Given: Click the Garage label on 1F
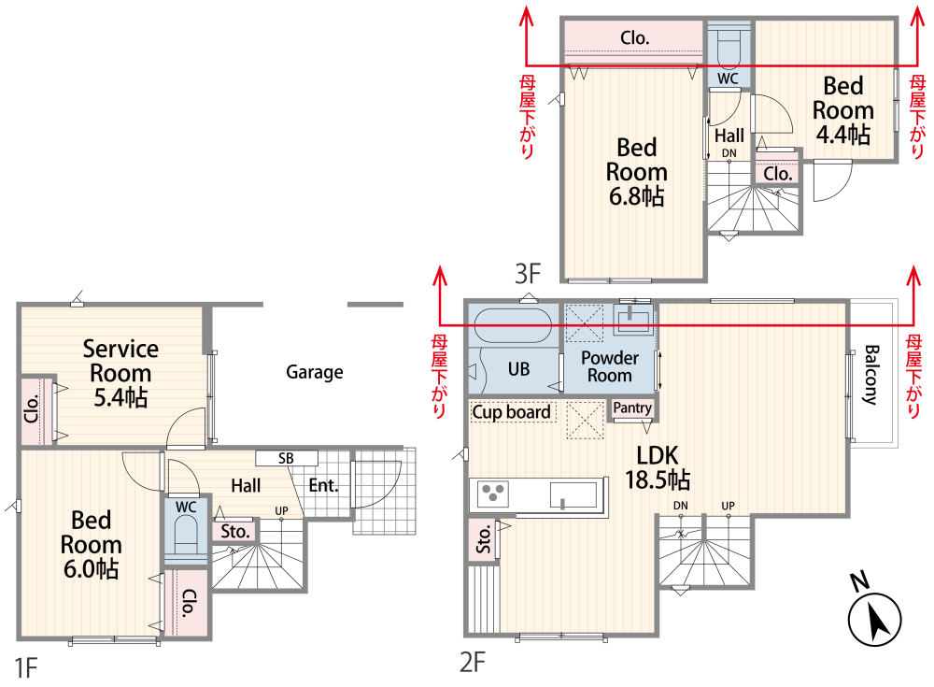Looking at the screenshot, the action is (x=315, y=372).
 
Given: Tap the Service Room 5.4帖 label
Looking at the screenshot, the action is (x=120, y=373).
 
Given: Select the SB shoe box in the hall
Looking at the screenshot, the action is (x=287, y=458).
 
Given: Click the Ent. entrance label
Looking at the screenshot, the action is (x=323, y=485).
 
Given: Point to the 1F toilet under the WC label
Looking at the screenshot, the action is (x=185, y=535).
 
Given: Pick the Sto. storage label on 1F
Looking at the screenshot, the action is (x=235, y=531).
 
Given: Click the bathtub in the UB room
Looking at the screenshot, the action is (x=512, y=325).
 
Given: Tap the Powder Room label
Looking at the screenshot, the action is (x=609, y=366).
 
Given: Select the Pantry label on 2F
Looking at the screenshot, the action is (x=632, y=408).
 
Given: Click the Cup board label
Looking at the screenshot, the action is (x=511, y=412).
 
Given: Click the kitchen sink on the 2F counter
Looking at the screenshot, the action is (x=573, y=495).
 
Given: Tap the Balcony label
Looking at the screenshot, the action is (x=870, y=375).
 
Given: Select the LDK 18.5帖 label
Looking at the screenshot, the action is (x=658, y=467).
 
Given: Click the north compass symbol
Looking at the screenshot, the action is (x=874, y=619).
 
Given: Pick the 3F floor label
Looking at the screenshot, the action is (x=528, y=274).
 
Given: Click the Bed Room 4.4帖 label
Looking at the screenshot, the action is (x=843, y=110).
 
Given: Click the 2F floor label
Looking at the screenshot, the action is (x=473, y=662).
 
